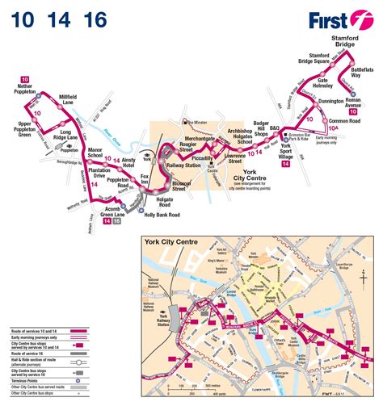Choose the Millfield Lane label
pos(74,101)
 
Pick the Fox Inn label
pos(145,178)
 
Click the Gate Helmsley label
pos(332,84)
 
